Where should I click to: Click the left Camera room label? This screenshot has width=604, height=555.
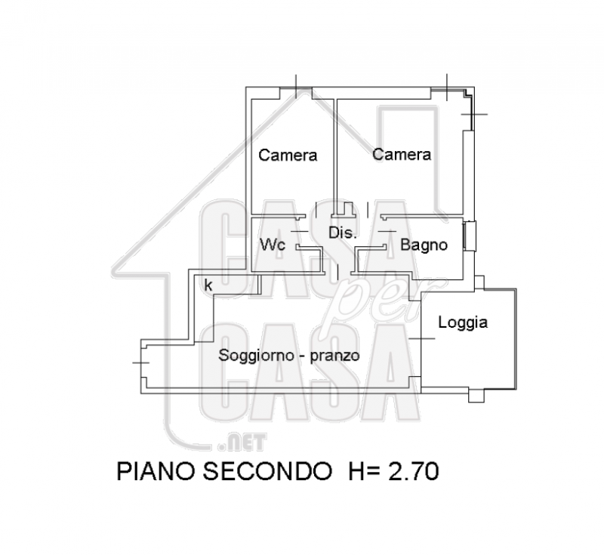(x=288, y=156)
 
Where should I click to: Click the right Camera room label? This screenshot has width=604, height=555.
(x=402, y=155)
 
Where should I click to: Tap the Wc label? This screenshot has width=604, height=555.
(x=273, y=245)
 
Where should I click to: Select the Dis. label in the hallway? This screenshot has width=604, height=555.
(x=343, y=233)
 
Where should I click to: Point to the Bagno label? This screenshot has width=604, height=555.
(x=424, y=245)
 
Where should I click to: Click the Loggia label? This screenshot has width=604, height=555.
(x=463, y=322)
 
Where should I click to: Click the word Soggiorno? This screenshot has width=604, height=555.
(x=256, y=356)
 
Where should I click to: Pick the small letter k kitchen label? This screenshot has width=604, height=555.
(x=208, y=285)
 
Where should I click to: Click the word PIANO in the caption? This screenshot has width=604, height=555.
(x=155, y=471)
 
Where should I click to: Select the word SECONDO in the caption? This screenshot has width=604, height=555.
(x=267, y=471)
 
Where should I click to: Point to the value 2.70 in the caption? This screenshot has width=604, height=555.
(x=413, y=471)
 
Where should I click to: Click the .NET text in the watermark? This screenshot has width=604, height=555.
(x=242, y=442)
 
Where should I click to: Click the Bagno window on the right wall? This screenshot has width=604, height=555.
(x=470, y=236)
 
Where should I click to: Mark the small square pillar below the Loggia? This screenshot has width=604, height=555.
(x=476, y=396)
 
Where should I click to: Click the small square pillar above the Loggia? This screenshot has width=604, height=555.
(x=479, y=282)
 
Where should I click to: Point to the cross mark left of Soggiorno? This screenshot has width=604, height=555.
(x=140, y=362)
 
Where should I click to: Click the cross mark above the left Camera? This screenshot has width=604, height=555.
(x=296, y=86)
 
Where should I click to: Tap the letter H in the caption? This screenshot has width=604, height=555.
(x=356, y=471)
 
